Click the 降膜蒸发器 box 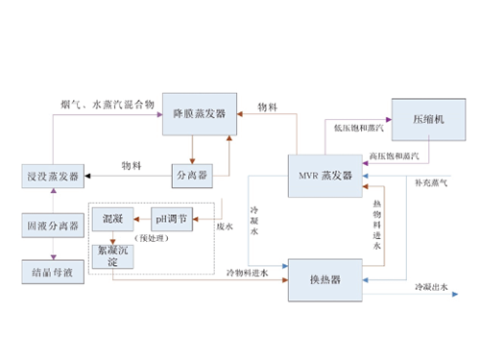[199, 114]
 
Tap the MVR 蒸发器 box [325, 175]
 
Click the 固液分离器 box [52, 227]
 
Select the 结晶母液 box [52, 272]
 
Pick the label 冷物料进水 [248, 274]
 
